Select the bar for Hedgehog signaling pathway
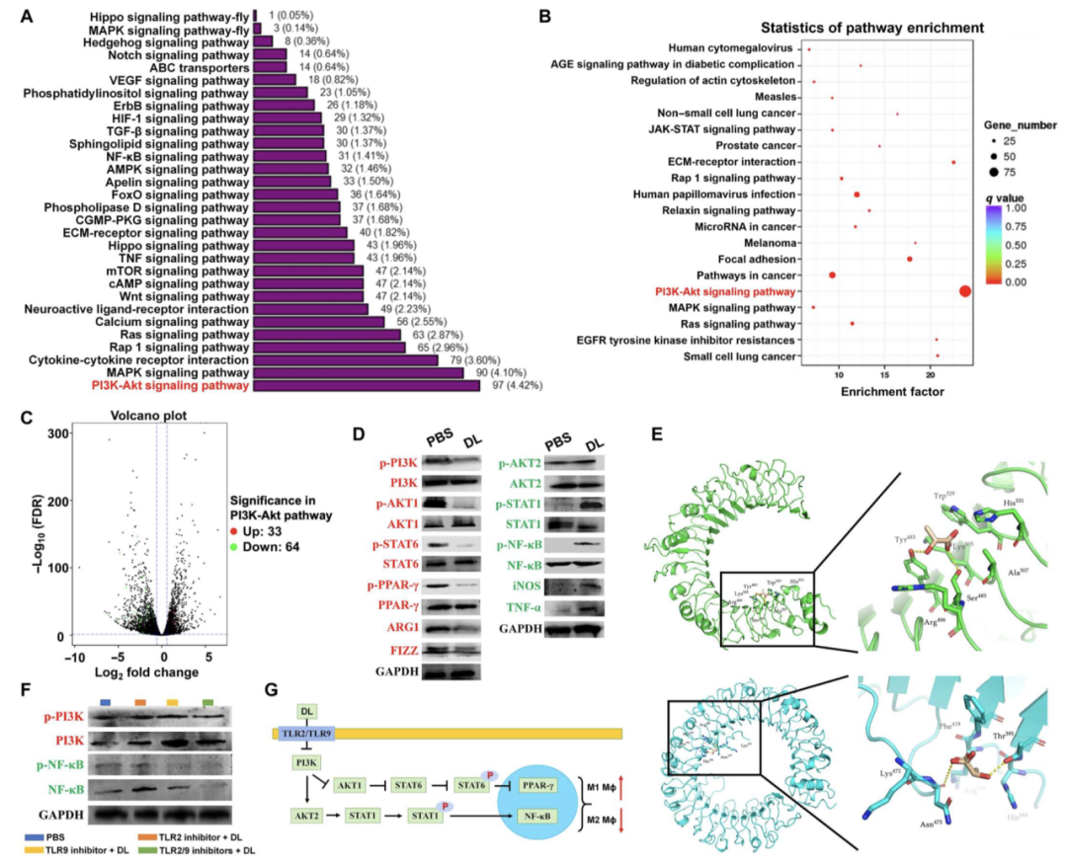click(x=263, y=41)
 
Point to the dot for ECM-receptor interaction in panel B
click(x=953, y=162)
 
